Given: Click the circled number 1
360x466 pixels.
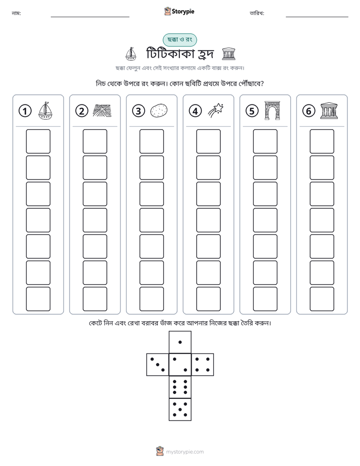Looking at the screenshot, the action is tap(25, 111).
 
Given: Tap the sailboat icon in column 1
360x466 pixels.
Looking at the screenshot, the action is tap(45, 111).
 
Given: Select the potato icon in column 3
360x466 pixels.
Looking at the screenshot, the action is tap(159, 111).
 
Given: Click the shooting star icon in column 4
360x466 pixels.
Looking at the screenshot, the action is tap(216, 111).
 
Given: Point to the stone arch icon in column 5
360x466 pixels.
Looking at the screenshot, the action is tap(272, 110).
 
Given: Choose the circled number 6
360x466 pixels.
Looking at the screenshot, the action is tap(309, 111).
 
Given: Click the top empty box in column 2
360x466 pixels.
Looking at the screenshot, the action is tap(95, 141).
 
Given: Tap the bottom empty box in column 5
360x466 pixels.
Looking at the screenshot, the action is tap(265, 299).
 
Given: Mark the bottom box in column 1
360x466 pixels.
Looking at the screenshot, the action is tap(38, 299).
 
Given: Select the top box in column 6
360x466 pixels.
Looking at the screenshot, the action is tap(322, 141).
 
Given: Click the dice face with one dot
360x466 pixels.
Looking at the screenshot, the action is tap(180, 342).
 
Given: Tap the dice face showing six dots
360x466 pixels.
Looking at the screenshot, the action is tap(180, 387).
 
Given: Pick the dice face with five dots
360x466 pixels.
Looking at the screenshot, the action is tap(180, 409).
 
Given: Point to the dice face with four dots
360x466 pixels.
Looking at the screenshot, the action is tap(203, 364).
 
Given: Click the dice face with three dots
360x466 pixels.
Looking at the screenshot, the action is tap(158, 364).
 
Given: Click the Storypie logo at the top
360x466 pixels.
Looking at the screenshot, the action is tap(179, 11).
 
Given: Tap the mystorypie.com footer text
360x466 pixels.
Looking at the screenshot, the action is tap(185, 452).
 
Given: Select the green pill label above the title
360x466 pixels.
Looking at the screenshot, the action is tap(179, 40).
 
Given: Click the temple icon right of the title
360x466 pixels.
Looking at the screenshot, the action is tap(229, 54).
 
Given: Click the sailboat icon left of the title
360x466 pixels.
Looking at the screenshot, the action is tap(131, 54).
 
